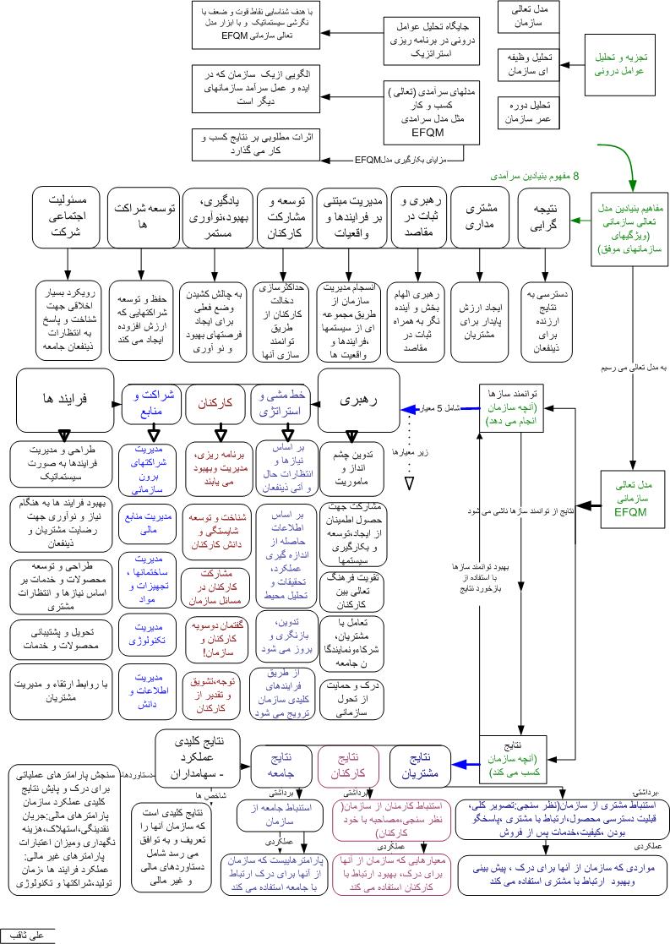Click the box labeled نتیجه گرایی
pos(542,218)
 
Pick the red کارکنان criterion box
pos(215,404)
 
